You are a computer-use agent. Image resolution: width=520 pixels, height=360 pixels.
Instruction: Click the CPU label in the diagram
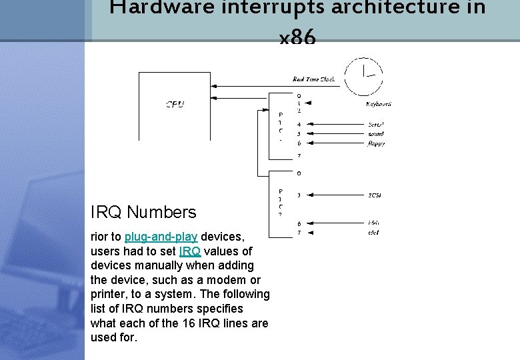tap(175, 104)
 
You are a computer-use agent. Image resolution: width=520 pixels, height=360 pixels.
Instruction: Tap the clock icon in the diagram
tap(363, 75)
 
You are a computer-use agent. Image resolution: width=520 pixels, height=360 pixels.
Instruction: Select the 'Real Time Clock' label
tap(313, 79)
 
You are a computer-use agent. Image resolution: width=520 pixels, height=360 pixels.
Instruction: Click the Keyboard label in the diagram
tap(379, 104)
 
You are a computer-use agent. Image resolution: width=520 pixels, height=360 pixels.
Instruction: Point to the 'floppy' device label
tap(376, 143)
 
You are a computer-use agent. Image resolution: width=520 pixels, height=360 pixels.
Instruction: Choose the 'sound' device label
tap(375, 133)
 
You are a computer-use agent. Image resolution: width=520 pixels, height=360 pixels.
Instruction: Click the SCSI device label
tap(374, 195)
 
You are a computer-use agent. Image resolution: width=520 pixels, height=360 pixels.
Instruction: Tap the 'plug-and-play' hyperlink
tap(161, 237)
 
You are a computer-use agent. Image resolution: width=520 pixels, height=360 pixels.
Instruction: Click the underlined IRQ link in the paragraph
tap(189, 251)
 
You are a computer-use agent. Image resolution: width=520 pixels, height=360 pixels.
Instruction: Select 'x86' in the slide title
tap(298, 39)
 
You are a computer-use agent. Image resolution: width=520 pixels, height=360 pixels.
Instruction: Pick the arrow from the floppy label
tap(333, 143)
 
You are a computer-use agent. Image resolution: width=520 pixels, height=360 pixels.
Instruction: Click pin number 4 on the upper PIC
tap(299, 124)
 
